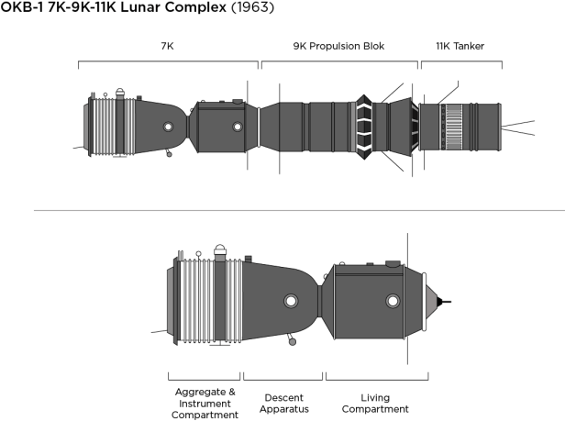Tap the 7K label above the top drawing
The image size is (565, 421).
(167, 45)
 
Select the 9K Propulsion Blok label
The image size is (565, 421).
(339, 45)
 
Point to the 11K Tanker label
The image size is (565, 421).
(460, 45)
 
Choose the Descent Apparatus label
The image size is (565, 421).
(284, 403)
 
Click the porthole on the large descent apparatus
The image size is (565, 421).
(291, 301)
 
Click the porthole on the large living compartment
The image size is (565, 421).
(393, 301)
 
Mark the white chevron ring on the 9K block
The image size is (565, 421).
(364, 126)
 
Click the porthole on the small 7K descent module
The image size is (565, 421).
(167, 127)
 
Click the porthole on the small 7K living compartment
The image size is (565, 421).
(238, 127)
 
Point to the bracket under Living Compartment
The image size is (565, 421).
(377, 376)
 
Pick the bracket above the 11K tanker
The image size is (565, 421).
(460, 63)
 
